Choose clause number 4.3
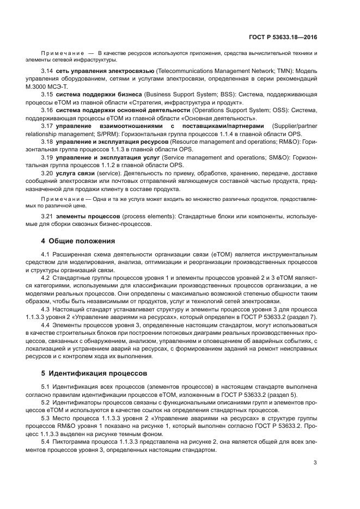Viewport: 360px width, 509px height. (x=47, y=308)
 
